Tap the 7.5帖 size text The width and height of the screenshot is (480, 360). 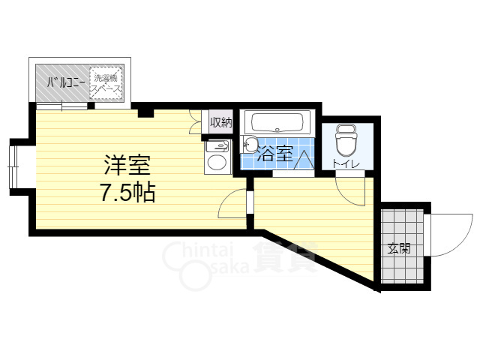click(x=127, y=193)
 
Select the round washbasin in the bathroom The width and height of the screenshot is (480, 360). click(x=251, y=145)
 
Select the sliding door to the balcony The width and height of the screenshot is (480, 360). click(x=64, y=106)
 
